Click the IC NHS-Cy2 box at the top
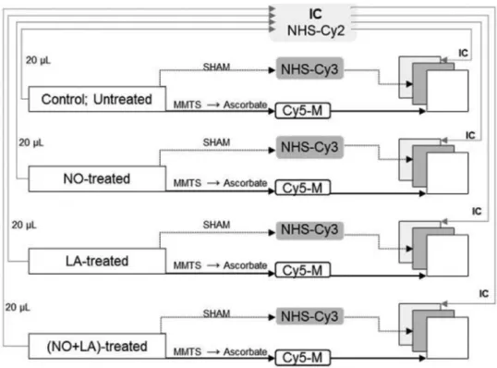(313, 22)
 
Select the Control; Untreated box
(97, 99)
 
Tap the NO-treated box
(97, 178)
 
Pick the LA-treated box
(97, 261)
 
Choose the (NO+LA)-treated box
(97, 346)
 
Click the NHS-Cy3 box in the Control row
(309, 68)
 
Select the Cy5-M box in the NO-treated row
(303, 188)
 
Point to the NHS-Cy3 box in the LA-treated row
(309, 230)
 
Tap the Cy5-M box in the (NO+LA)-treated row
(303, 358)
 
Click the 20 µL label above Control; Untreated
(38, 60)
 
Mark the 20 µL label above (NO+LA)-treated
(18, 307)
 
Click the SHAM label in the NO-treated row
(216, 142)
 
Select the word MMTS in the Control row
(188, 104)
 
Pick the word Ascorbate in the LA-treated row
(246, 265)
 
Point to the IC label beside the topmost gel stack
(463, 53)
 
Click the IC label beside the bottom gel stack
(484, 294)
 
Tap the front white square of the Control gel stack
(447, 91)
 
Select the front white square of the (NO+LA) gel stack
(447, 337)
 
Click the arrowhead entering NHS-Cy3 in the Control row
(272, 70)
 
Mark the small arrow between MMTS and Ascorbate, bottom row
(213, 352)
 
